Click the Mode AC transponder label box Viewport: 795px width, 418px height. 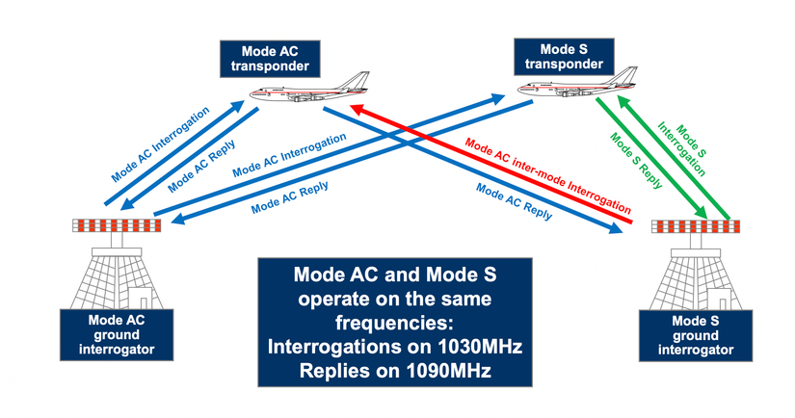pos(266,58)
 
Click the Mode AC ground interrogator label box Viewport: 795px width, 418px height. pos(113,332)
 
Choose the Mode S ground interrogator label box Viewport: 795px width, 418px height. pos(695,333)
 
